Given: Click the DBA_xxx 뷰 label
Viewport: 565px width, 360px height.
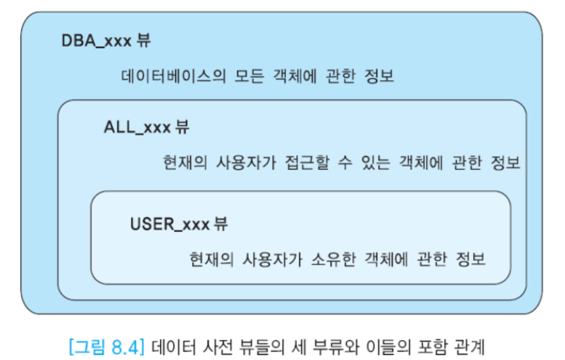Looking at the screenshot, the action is pyautogui.click(x=106, y=41).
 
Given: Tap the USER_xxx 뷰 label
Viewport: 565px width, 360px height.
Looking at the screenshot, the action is pyautogui.click(x=179, y=224).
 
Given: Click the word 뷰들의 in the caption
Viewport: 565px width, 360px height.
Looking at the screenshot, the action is pyautogui.click(x=268, y=346).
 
